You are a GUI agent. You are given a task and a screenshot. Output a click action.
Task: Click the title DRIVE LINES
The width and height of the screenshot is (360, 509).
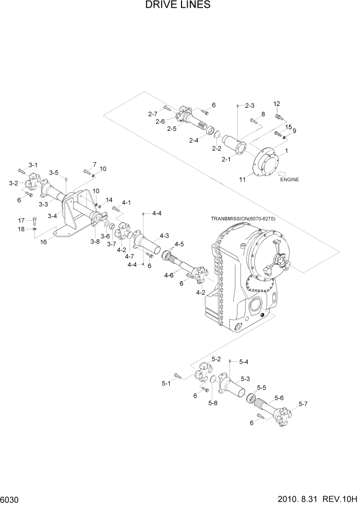178,6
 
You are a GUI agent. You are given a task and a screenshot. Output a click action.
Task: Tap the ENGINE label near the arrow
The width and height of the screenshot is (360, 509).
289,180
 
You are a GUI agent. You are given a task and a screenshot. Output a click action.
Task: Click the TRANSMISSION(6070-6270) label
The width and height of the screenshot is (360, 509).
243,219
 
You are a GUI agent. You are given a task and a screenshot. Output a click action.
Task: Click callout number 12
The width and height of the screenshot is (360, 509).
277,104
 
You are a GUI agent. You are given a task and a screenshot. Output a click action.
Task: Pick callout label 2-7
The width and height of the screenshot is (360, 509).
152,113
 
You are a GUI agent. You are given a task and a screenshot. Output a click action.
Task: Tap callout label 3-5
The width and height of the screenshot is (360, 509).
54,172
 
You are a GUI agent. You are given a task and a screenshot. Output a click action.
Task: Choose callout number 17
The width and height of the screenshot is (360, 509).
22,220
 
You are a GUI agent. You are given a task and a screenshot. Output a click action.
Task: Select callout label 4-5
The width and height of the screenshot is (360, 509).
179,244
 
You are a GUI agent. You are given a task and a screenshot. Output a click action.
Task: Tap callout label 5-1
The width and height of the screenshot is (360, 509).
166,383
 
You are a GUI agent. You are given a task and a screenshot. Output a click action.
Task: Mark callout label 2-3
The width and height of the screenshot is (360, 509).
250,105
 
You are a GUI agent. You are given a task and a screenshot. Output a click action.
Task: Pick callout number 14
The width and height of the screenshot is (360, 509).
109,200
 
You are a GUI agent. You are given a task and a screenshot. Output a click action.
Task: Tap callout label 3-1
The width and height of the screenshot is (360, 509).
33,165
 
